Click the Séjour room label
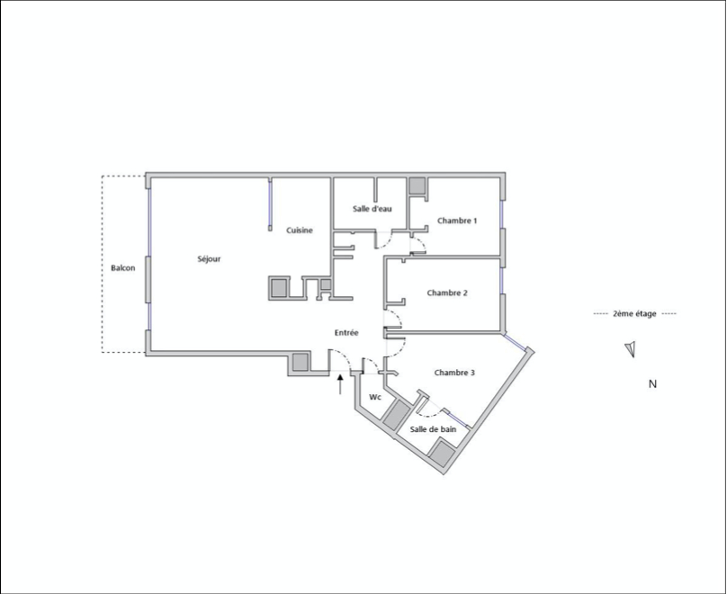click(209, 258)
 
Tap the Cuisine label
click(300, 230)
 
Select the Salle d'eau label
click(372, 209)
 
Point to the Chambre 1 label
click(457, 220)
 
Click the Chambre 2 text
click(447, 292)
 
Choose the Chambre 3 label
click(454, 373)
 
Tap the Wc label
click(375, 397)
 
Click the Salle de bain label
click(433, 429)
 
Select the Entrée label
click(346, 332)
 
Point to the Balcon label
click(123, 267)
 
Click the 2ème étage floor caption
click(634, 313)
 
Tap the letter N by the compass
click(652, 384)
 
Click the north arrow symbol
click(630, 349)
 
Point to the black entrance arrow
click(340, 384)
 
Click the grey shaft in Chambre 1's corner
click(417, 185)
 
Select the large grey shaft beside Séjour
click(279, 288)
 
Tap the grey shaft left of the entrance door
click(301, 362)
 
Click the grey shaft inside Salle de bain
click(442, 454)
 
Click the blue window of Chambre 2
click(502, 281)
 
